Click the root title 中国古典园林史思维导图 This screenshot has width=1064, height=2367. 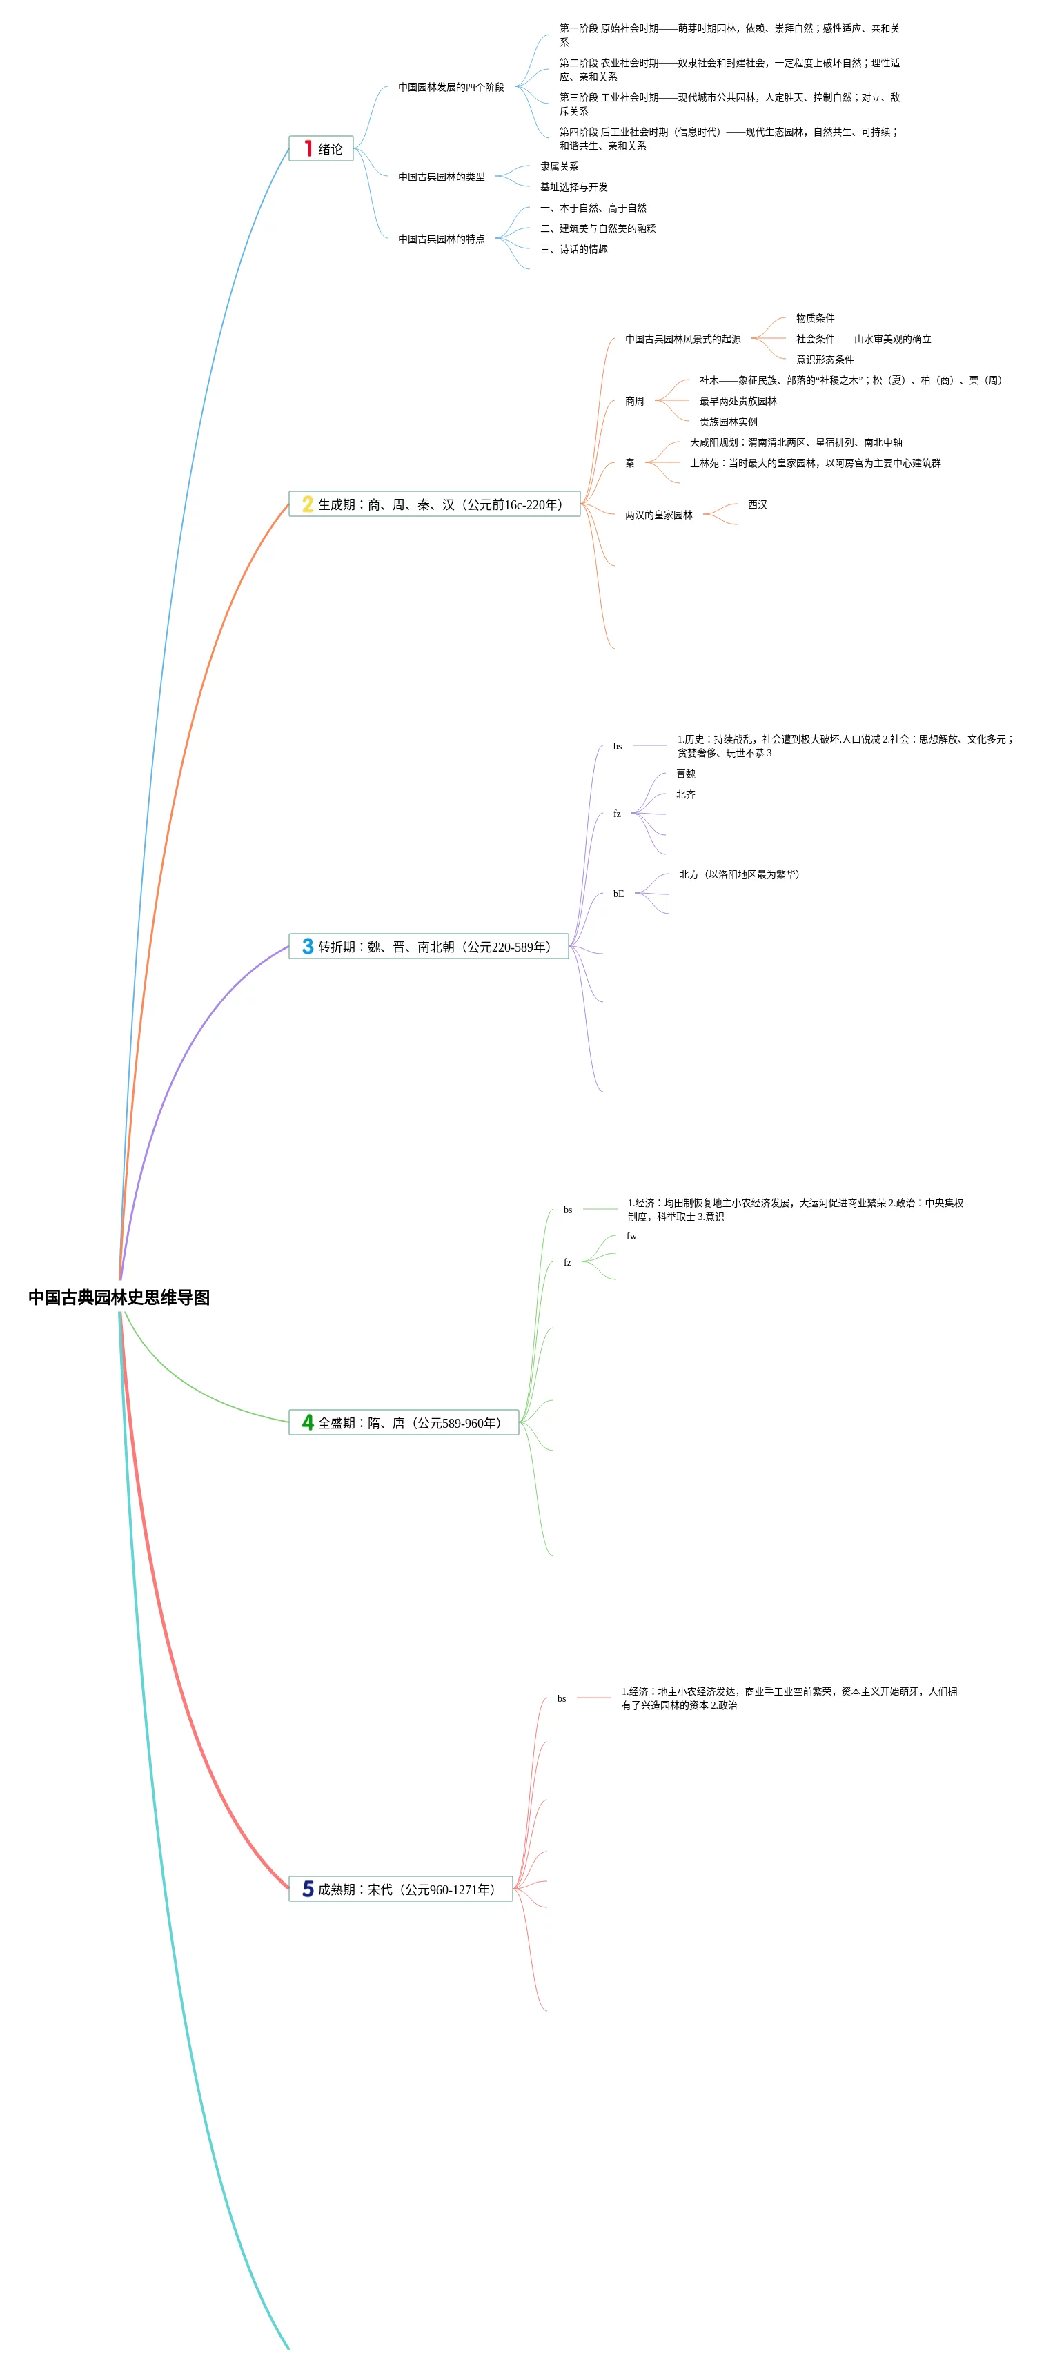click(119, 1297)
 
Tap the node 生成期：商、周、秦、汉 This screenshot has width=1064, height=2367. click(435, 504)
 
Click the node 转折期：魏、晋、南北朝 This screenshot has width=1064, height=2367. click(429, 946)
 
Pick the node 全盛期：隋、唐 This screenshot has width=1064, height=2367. click(404, 1422)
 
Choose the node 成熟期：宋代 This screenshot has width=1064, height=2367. click(401, 1889)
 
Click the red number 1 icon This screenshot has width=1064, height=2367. click(308, 149)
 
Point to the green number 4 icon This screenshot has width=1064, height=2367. click(308, 1422)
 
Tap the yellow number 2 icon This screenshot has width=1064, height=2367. click(308, 504)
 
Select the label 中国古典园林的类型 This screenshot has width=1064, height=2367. click(441, 177)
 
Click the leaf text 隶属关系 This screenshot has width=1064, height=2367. click(559, 166)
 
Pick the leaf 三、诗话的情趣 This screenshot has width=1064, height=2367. click(573, 249)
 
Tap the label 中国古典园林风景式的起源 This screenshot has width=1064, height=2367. click(682, 339)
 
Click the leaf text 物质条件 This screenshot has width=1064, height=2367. click(815, 318)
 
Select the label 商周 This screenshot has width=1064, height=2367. click(634, 402)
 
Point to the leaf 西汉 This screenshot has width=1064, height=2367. click(757, 504)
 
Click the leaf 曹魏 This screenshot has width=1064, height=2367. click(685, 774)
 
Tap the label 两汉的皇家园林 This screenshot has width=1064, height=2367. click(659, 515)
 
